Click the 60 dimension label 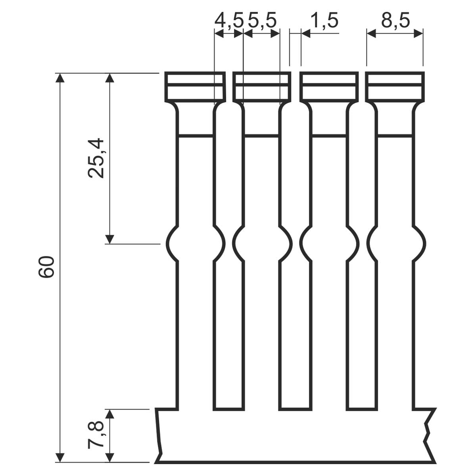(46, 267)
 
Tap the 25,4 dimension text (96, 158)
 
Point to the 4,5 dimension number (229, 21)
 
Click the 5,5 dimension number (262, 21)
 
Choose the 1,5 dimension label (324, 21)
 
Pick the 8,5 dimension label (395, 21)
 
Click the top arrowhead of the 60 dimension (60, 78)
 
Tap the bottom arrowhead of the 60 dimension (60, 457)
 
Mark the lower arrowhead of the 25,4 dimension (109, 239)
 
